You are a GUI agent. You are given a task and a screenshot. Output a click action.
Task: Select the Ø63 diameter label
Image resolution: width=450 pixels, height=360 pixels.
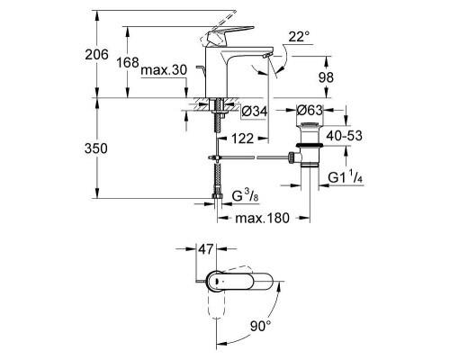(311, 112)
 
